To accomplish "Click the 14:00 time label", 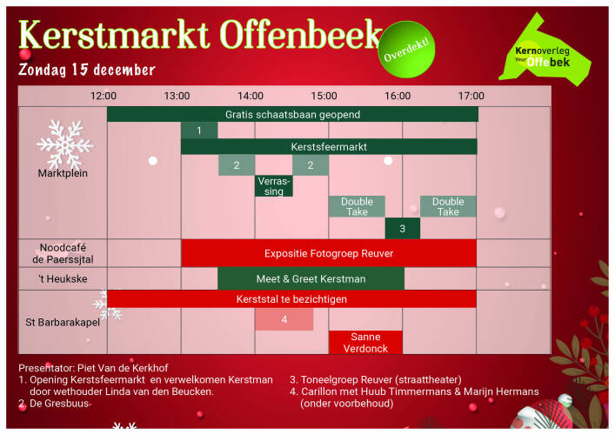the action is tap(251, 96).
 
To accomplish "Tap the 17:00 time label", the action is tap(471, 96).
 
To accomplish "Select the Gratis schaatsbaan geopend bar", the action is tap(292, 115).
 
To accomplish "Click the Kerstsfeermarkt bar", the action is tap(329, 147).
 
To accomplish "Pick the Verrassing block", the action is tap(274, 186).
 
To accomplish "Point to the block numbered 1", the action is tap(199, 130).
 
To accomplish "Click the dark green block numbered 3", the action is tap(403, 228).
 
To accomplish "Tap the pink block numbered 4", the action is tap(284, 319).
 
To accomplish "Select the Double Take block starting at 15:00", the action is tap(357, 207).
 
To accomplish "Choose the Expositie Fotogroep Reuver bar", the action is tap(329, 253).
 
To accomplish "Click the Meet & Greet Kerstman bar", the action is tap(311, 279).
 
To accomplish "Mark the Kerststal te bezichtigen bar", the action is tap(291, 299).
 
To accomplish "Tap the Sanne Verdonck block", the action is tap(365, 343).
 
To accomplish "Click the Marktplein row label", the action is tap(63, 173).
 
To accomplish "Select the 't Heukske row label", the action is tap(63, 279).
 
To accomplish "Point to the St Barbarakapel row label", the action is tap(63, 323).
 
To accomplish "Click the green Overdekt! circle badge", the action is tap(406, 50).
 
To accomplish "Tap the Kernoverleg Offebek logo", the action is tap(545, 51).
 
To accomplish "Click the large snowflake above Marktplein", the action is tap(65, 144).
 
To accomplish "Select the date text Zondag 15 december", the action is tap(87, 70).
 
